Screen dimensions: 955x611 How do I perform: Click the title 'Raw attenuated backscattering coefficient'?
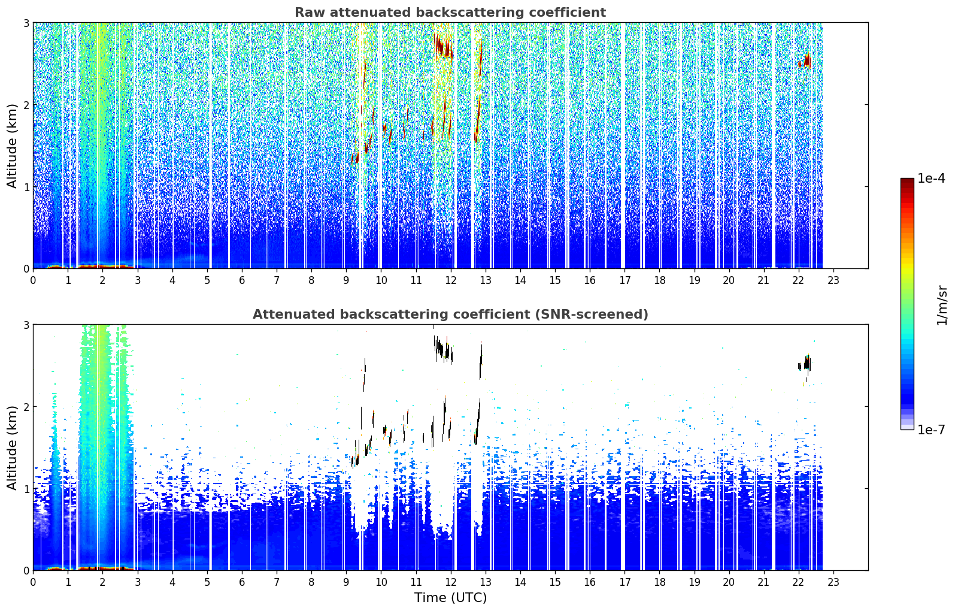click(x=450, y=13)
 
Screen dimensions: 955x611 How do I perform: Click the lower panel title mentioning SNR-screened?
click(x=450, y=314)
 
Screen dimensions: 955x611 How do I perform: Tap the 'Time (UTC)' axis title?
click(x=450, y=598)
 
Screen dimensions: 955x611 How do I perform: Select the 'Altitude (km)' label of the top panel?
click(x=12, y=146)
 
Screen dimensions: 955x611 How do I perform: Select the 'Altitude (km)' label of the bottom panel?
click(x=12, y=447)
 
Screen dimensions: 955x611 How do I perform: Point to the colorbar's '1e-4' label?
click(x=931, y=179)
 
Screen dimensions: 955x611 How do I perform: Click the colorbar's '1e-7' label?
click(x=931, y=429)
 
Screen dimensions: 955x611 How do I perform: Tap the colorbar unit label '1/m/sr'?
click(x=942, y=306)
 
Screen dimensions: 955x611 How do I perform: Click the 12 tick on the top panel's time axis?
click(x=451, y=281)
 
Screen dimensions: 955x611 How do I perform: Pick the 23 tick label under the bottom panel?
click(x=833, y=582)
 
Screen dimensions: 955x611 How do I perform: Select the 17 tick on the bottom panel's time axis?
click(x=624, y=582)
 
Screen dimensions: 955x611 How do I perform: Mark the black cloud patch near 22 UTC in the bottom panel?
click(x=805, y=364)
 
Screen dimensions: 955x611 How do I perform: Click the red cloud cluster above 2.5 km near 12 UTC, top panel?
click(x=443, y=46)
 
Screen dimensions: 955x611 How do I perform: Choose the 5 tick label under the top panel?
click(x=207, y=281)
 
